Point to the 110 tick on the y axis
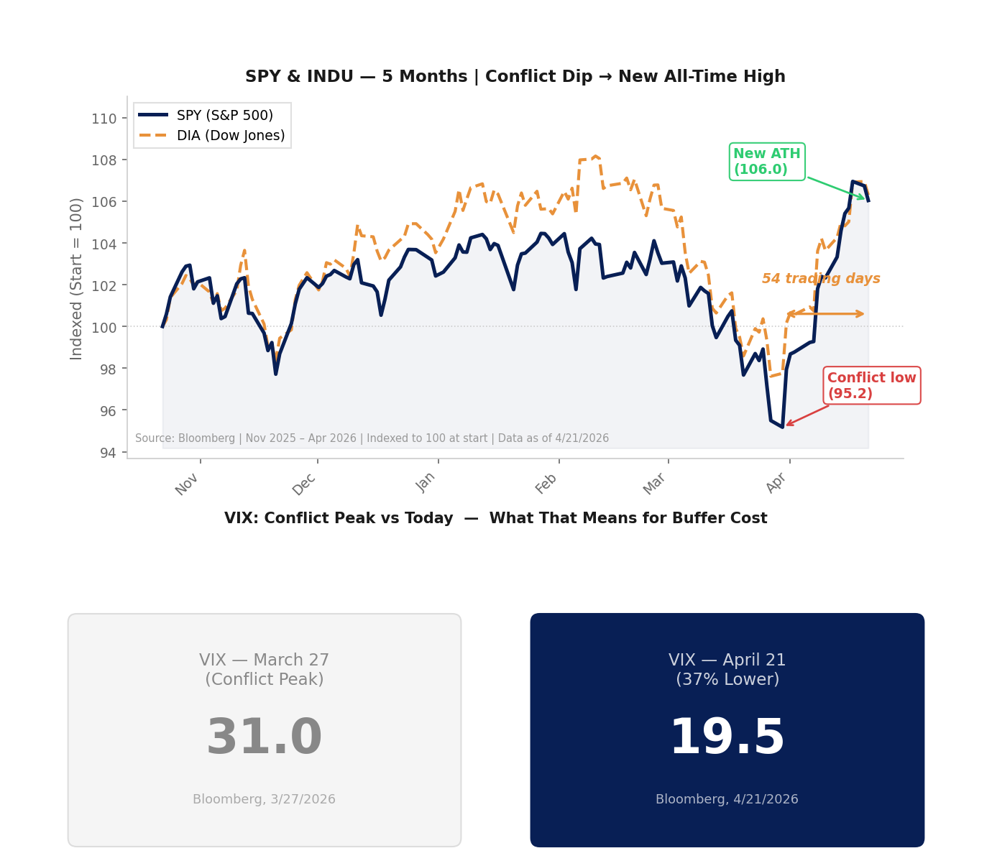tap(104, 119)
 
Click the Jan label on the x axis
tap(426, 482)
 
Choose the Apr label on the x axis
tap(777, 483)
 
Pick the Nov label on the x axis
tap(187, 484)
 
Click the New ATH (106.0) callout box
tap(767, 162)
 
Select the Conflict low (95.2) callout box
tap(871, 386)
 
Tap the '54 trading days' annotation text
tap(821, 279)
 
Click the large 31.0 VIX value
tap(264, 738)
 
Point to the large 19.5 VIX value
tap(727, 738)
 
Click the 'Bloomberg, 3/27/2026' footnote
tap(264, 799)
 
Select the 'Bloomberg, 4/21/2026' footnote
tap(727, 799)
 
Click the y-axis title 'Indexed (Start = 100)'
tap(76, 278)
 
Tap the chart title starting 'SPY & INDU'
tap(515, 77)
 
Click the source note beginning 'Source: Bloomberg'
tap(372, 438)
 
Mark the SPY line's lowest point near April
tap(782, 427)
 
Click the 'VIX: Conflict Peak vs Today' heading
tap(495, 518)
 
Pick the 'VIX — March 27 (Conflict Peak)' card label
tap(264, 669)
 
